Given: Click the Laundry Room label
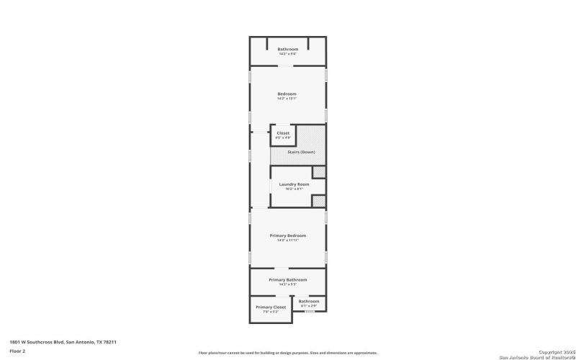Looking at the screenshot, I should (x=294, y=184).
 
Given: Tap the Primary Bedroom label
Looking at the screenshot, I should (x=288, y=235).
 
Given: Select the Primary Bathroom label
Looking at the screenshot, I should (x=288, y=279).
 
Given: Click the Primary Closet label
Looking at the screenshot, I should (x=271, y=307).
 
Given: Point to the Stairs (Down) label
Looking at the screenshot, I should (x=297, y=152).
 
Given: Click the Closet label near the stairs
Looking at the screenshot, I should (x=283, y=132).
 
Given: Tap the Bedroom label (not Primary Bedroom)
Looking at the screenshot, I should (x=287, y=94).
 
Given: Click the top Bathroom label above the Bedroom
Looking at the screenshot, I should (x=288, y=49).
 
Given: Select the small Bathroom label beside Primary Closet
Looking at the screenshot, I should (x=309, y=301).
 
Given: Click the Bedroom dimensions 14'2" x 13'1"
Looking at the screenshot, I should (x=287, y=99).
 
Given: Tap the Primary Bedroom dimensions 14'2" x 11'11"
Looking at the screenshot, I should (x=288, y=240).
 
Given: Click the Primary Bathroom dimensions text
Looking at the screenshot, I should (x=288, y=284).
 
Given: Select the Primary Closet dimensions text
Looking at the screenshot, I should (x=271, y=312).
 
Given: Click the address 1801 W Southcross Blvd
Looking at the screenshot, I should (x=63, y=342).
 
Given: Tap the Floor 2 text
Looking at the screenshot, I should (x=17, y=351).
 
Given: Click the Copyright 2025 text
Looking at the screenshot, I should (x=550, y=352).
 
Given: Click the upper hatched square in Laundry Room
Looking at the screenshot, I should (x=319, y=172).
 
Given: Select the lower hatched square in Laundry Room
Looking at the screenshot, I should (x=319, y=201).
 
